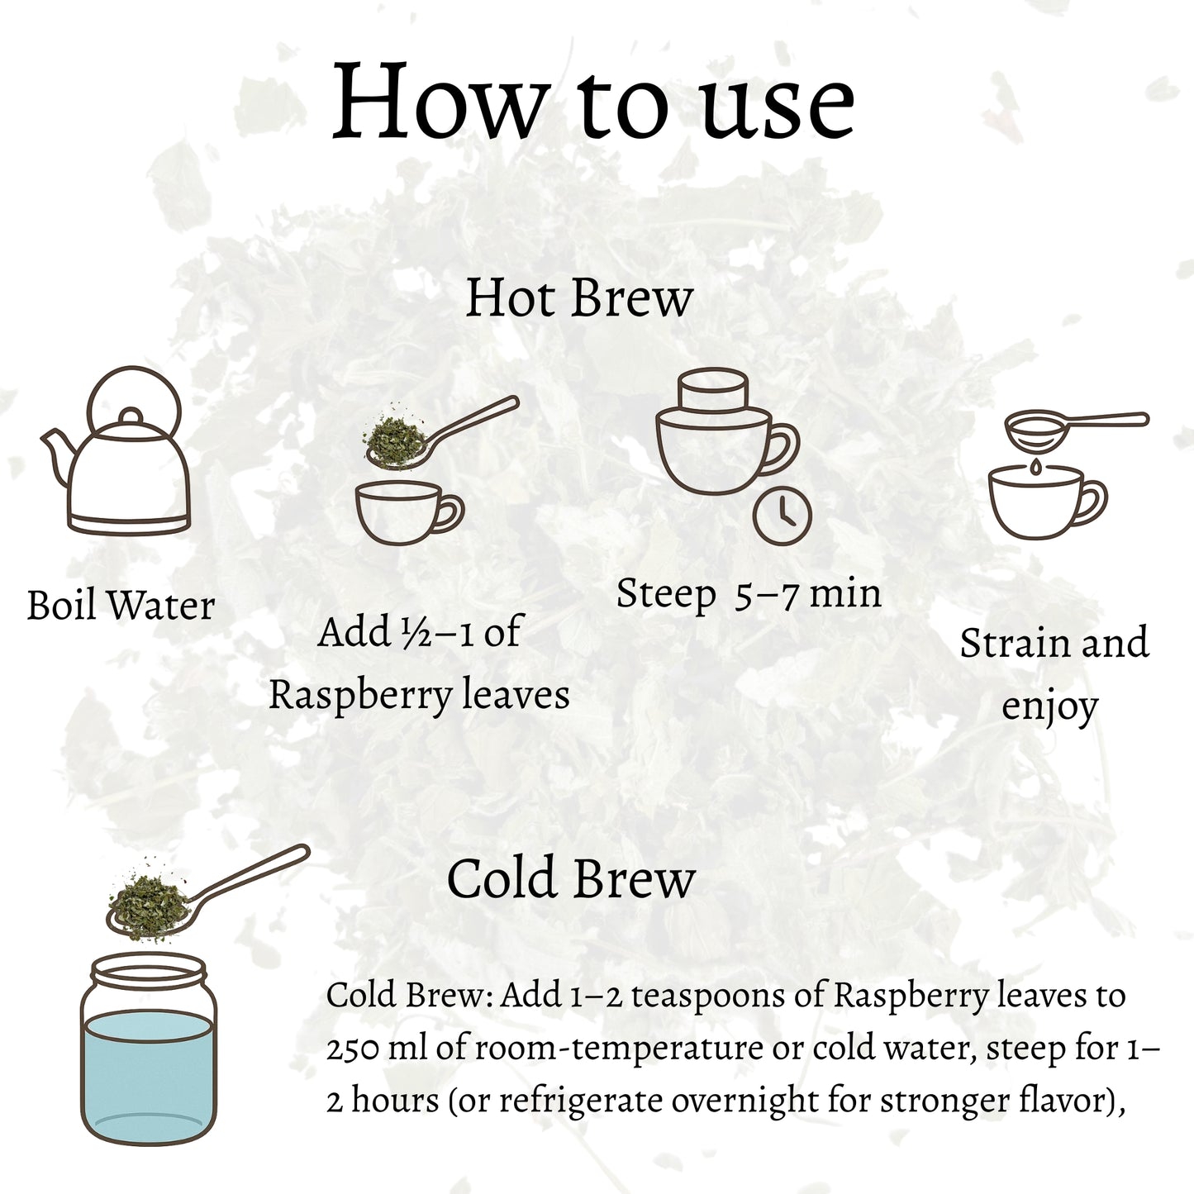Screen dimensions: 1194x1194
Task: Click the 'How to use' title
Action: (593, 100)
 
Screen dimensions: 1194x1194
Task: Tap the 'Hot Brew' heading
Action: (578, 298)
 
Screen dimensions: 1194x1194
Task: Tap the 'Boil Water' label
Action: (121, 605)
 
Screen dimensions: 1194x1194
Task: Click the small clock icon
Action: (782, 516)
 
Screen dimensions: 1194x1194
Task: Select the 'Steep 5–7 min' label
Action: (749, 593)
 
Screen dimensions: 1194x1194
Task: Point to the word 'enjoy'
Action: (1049, 707)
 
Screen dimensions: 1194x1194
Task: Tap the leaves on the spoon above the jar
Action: (149, 906)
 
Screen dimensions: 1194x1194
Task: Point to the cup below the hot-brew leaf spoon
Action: (410, 513)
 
